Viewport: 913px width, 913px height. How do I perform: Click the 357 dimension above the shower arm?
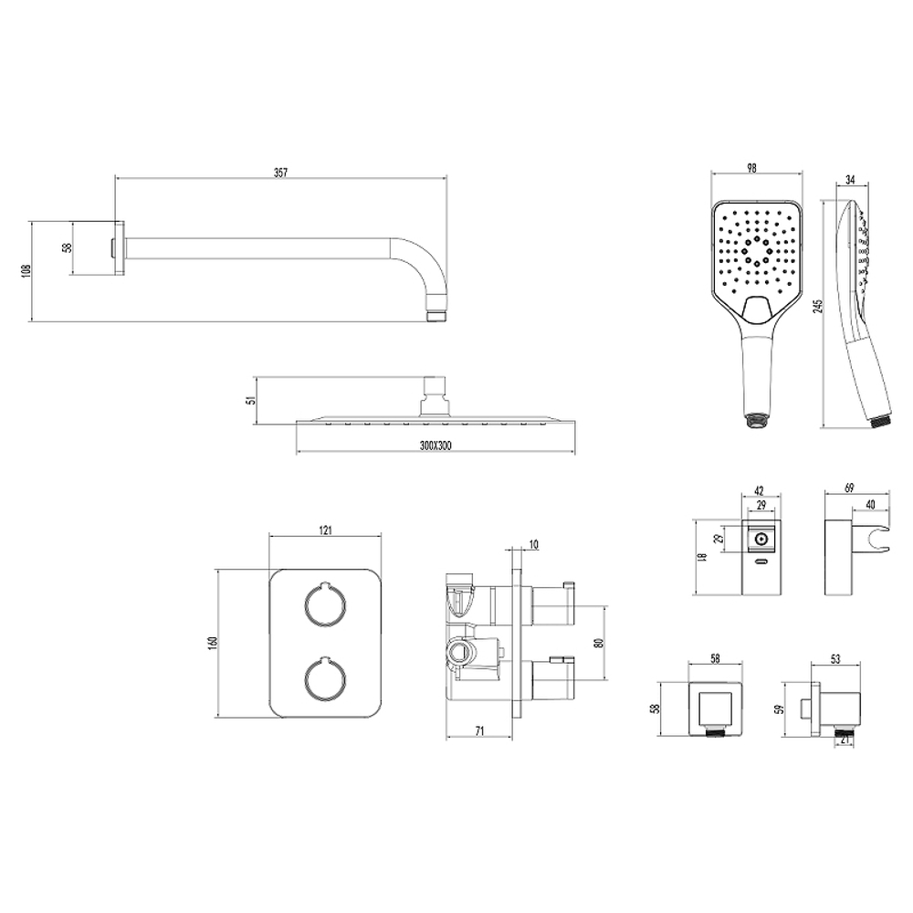(x=280, y=173)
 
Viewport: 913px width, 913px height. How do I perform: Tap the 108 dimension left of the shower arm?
(x=25, y=271)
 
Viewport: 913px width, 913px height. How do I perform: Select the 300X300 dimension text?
(x=436, y=446)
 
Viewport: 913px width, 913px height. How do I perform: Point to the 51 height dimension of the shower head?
(x=252, y=400)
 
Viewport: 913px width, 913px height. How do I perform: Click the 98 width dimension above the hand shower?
(x=751, y=168)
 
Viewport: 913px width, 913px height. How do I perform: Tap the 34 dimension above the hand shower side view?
(x=849, y=180)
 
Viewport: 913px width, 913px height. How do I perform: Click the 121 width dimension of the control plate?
(x=326, y=530)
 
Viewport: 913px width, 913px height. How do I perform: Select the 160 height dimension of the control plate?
(x=213, y=643)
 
